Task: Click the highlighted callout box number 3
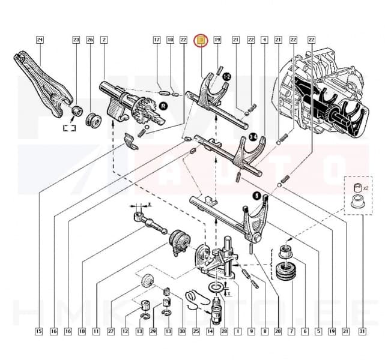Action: (x=201, y=40)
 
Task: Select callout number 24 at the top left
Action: (x=40, y=40)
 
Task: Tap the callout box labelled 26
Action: (x=90, y=40)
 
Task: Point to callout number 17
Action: (x=157, y=40)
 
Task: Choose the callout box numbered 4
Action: (x=264, y=40)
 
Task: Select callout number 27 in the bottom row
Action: (x=111, y=331)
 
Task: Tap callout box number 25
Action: (x=196, y=331)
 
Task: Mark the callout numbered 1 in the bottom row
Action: (x=237, y=331)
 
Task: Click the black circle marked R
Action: (x=163, y=105)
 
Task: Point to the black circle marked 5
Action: (x=256, y=196)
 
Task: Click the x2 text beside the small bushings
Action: (x=366, y=187)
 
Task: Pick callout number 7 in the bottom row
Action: (x=291, y=331)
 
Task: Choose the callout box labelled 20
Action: (x=277, y=331)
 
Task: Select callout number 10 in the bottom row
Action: (x=82, y=331)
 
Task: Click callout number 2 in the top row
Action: (x=104, y=40)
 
